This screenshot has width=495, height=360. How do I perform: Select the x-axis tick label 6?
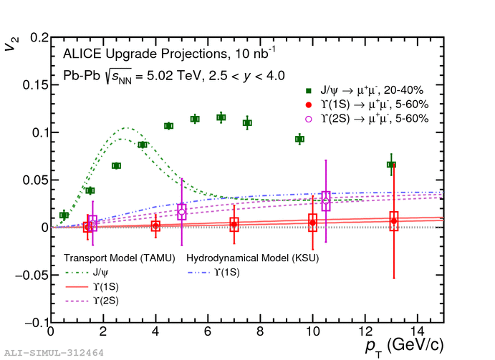click(208, 334)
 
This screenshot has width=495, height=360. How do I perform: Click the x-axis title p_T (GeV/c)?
click(400, 346)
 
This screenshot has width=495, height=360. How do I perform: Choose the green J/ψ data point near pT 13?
click(391, 165)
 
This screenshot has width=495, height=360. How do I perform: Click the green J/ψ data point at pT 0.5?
click(64, 215)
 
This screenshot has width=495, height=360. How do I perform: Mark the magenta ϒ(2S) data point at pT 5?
click(182, 212)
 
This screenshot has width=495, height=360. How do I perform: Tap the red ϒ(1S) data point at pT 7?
click(234, 225)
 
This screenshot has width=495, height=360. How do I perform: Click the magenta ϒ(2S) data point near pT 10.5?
click(326, 200)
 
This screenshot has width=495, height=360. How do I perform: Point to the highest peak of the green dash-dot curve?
click(126, 128)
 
